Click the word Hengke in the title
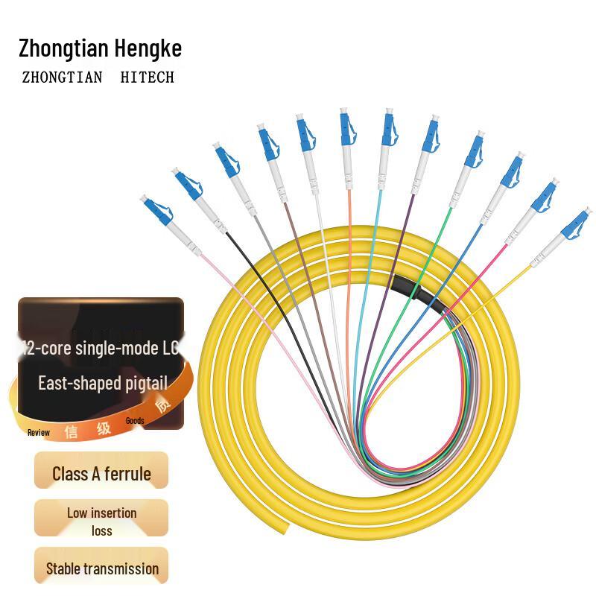(148, 49)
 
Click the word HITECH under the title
(147, 77)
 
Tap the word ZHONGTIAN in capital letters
(62, 77)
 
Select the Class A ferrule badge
(101, 474)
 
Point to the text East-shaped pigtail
(103, 384)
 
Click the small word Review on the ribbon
(39, 432)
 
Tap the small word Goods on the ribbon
(135, 421)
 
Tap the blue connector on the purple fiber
(431, 134)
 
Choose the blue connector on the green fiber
(474, 149)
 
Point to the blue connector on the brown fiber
(266, 143)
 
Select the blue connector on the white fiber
(305, 133)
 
